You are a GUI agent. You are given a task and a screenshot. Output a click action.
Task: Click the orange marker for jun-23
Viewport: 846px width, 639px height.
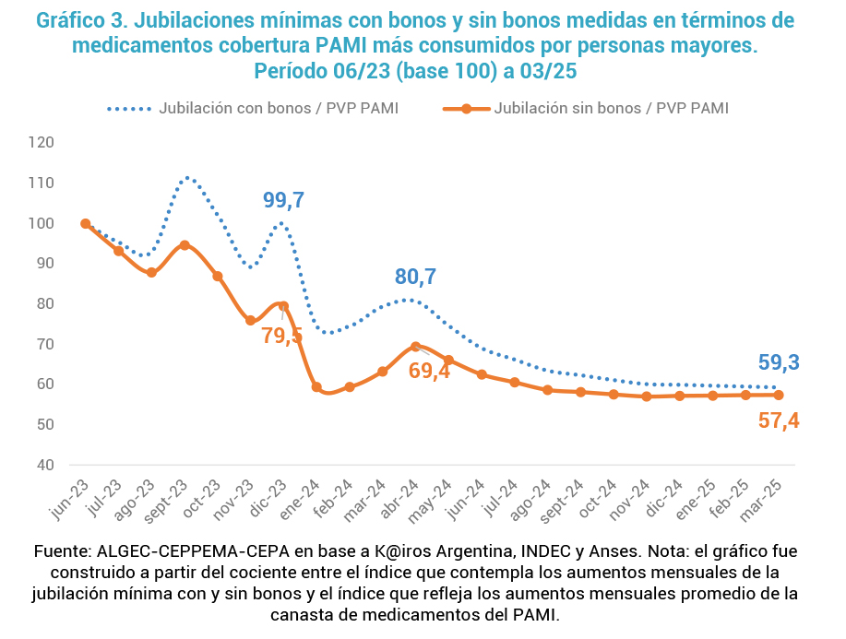tap(86, 223)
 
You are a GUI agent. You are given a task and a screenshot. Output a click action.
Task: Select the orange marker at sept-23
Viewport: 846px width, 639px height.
tap(185, 245)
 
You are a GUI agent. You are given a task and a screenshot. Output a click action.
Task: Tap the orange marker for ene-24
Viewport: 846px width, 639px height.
tap(316, 387)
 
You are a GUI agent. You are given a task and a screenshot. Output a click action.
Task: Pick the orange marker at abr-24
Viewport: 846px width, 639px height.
tap(415, 347)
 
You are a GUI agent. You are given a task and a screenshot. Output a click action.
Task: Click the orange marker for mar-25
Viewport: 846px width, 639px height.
tap(779, 395)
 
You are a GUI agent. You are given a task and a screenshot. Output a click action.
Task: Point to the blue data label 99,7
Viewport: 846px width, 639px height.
tap(284, 200)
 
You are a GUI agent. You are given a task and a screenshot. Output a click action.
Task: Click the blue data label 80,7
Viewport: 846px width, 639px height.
tap(416, 276)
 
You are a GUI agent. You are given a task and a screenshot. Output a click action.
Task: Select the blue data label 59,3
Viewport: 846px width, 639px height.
tap(779, 362)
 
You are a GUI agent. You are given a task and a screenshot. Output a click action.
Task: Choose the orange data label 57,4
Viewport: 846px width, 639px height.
tap(779, 421)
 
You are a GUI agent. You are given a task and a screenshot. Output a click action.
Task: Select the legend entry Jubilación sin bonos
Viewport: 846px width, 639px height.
tap(611, 108)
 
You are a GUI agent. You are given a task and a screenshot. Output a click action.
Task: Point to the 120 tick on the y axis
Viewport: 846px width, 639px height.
tap(67, 142)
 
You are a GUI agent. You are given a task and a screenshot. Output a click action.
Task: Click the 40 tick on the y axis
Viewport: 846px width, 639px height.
tap(71, 465)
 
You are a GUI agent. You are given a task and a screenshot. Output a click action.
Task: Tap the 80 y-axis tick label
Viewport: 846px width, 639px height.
tap(71, 303)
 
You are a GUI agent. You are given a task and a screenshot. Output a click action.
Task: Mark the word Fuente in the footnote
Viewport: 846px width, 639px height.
tap(61, 551)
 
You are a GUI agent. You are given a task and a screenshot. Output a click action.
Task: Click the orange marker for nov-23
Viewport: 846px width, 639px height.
tap(251, 320)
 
